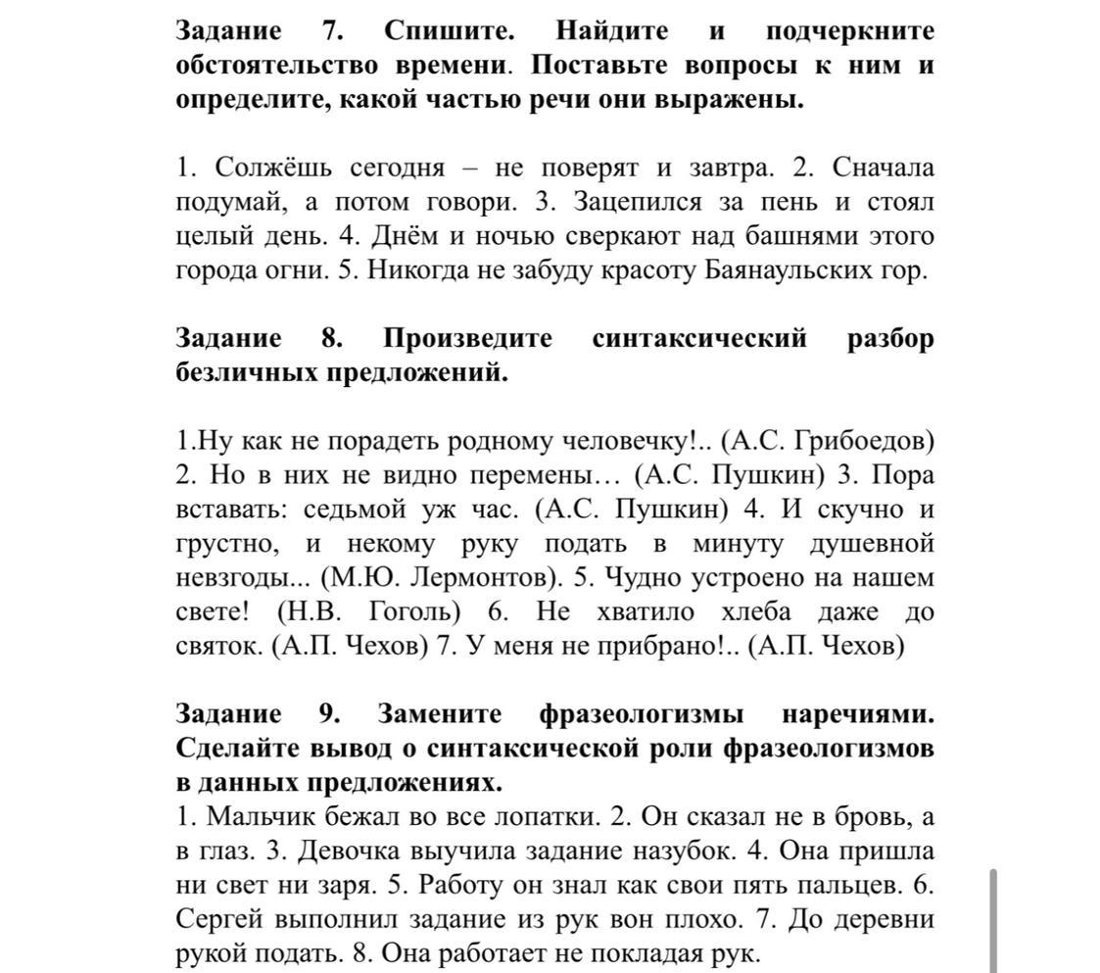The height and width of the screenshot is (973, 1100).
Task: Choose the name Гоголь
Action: point(414,612)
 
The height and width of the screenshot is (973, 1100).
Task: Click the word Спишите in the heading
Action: point(449,30)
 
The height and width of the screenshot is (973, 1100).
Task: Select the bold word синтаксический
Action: point(699,338)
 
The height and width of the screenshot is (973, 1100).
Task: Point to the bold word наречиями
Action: point(858,714)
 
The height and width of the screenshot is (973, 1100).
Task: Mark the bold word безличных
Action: point(246,372)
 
